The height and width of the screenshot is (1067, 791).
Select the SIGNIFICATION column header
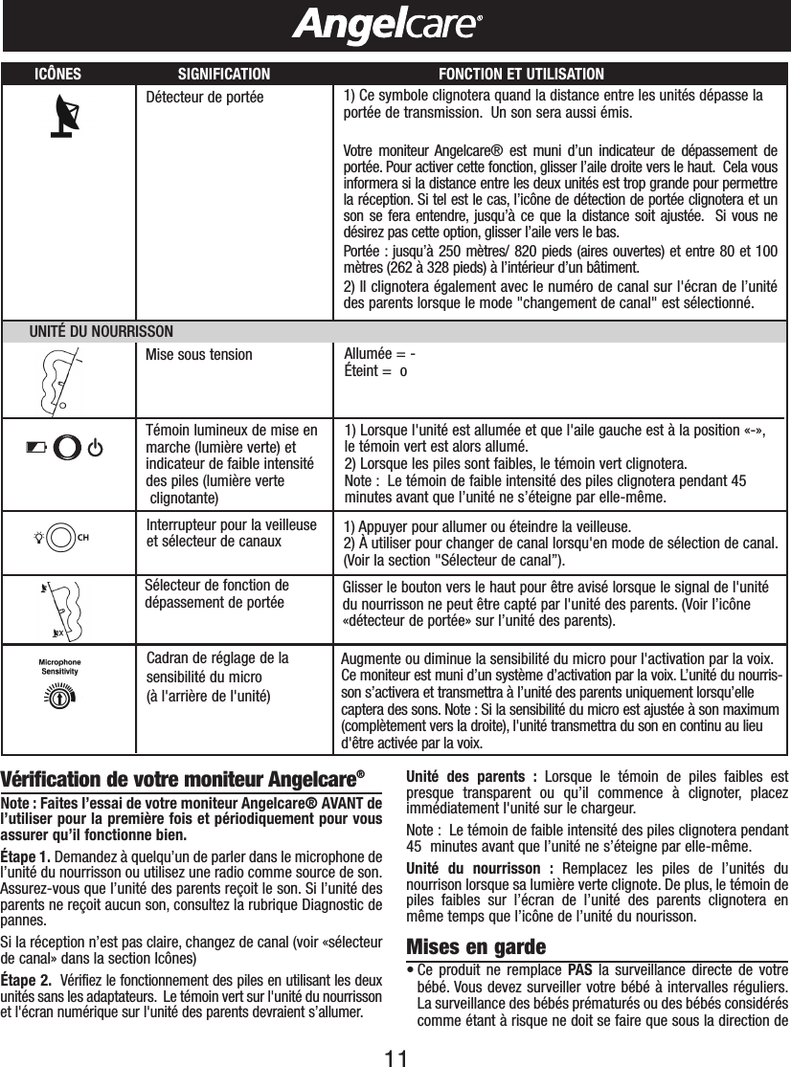[x=224, y=74]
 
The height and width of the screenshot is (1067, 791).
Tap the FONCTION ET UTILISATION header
[x=520, y=74]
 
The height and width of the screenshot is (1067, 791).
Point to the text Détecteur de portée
[x=203, y=97]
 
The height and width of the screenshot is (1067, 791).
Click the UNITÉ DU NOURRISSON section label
[x=102, y=331]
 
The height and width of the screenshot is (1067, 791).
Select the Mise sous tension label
[x=199, y=354]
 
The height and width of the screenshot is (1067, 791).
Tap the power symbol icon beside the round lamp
[x=95, y=447]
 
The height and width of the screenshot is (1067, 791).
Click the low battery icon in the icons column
[x=36, y=447]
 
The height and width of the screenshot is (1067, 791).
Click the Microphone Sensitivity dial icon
[x=58, y=698]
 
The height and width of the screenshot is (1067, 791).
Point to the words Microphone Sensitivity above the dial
[x=59, y=666]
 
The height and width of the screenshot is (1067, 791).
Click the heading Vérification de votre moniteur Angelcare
[x=184, y=775]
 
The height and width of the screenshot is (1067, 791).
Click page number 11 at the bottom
[x=395, y=1051]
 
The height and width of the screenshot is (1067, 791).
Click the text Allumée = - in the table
[x=379, y=354]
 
